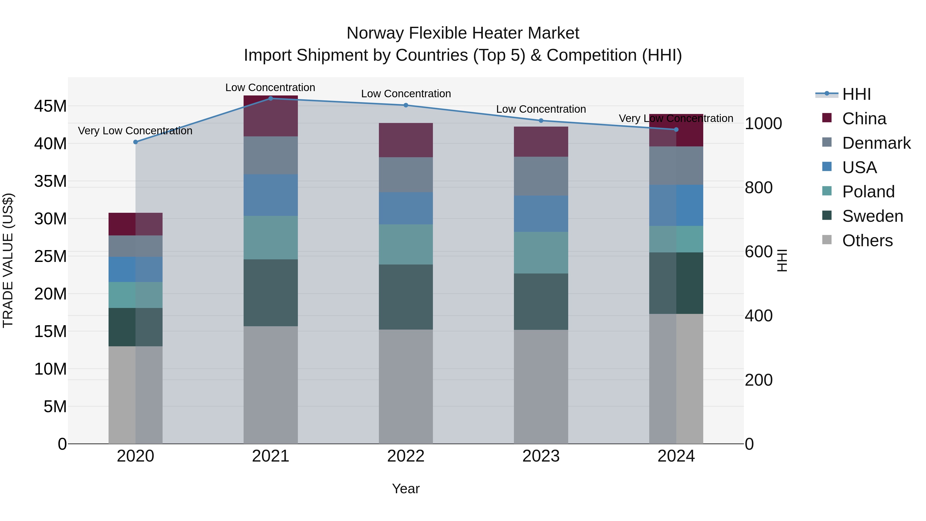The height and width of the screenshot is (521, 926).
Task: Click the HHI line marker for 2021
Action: [x=271, y=99]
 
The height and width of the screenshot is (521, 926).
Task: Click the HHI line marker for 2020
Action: [x=136, y=142]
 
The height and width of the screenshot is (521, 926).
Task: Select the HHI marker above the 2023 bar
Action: [x=541, y=120]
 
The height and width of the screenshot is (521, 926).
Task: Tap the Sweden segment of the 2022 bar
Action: [x=406, y=297]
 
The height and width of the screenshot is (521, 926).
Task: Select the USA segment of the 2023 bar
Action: [x=541, y=214]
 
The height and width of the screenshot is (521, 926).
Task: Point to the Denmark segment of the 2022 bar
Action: [x=406, y=174]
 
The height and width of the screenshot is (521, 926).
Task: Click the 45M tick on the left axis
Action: [x=50, y=107]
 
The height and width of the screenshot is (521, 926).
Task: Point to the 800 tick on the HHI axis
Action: [x=759, y=188]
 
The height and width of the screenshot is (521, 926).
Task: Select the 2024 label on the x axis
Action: [x=676, y=456]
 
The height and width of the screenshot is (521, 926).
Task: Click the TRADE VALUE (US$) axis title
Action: [x=8, y=260]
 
